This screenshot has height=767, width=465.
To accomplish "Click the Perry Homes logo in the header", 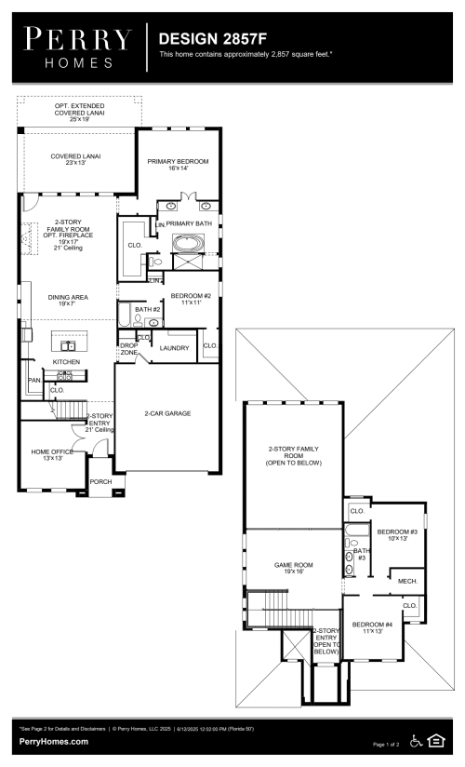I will [x=77, y=46].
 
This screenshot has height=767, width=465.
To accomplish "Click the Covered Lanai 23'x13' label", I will [x=75, y=160].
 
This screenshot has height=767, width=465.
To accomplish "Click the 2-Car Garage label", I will [x=167, y=412].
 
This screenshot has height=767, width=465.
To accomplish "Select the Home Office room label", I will [x=46, y=454].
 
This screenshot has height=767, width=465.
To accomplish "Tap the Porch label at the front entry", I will [x=100, y=482].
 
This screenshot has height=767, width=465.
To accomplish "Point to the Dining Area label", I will [x=66, y=300].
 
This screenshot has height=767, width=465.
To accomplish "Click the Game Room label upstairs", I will [x=293, y=568].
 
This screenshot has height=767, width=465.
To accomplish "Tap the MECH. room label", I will [x=407, y=581].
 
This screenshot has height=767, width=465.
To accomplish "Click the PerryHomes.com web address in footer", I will [x=54, y=741].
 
